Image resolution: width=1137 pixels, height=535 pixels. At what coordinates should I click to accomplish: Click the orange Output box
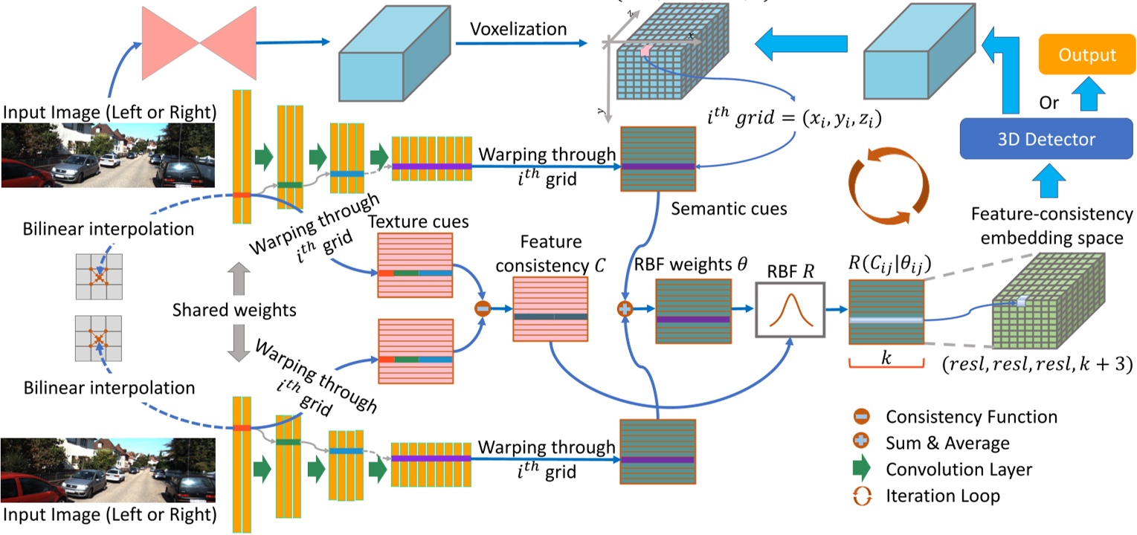(x=1087, y=56)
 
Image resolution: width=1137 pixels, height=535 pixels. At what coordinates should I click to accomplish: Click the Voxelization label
(x=518, y=30)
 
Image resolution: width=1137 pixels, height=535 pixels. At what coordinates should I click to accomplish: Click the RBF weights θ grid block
(x=692, y=311)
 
